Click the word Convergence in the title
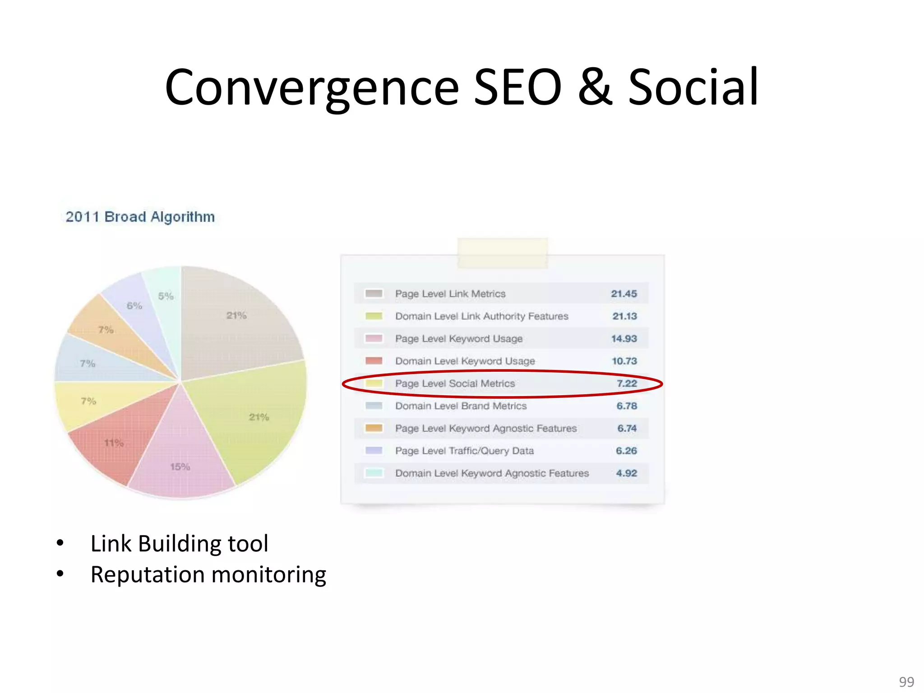tap(311, 88)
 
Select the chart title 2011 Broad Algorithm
tap(140, 217)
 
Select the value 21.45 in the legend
tap(624, 294)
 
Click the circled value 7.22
tap(627, 383)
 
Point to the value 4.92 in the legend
tap(626, 473)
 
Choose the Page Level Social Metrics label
tap(455, 383)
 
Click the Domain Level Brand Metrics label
tap(461, 406)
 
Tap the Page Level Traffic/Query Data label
tap(464, 451)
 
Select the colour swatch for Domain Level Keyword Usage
tap(374, 361)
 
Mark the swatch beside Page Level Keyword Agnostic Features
tap(374, 428)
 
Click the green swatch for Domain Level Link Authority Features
tap(374, 316)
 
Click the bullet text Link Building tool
tap(179, 543)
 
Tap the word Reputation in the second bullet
tap(148, 575)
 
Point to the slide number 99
tap(906, 681)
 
